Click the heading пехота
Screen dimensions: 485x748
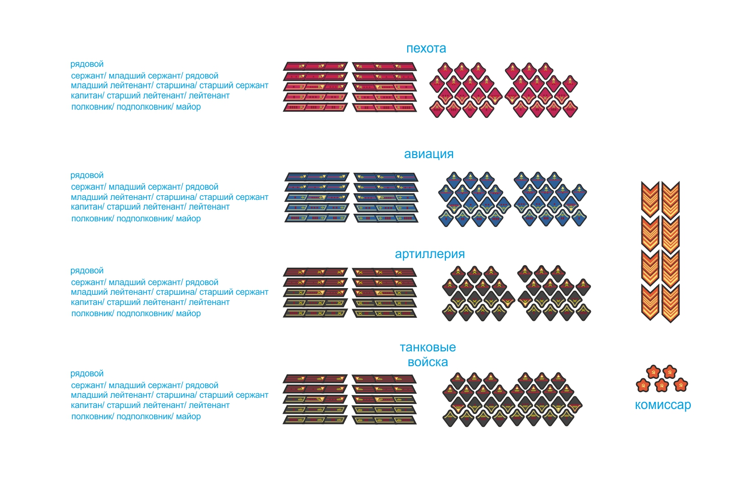(426, 48)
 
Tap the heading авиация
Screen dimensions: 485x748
(429, 154)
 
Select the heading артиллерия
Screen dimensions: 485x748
(430, 254)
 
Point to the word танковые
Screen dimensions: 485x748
(428, 347)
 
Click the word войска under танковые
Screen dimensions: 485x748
(428, 362)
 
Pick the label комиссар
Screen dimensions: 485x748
(663, 405)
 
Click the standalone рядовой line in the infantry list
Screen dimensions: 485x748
(87, 64)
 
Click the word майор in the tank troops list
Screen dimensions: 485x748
(188, 417)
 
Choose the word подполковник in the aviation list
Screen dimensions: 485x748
(145, 219)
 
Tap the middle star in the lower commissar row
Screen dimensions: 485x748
(662, 385)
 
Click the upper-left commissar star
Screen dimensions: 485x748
(653, 372)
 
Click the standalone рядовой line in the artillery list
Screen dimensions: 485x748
(87, 271)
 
